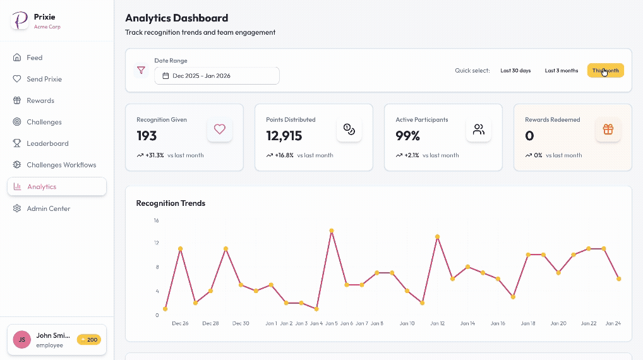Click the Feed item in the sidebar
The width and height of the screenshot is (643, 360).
(x=34, y=57)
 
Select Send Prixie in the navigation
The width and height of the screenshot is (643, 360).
(x=44, y=79)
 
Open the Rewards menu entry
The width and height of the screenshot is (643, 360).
(x=40, y=100)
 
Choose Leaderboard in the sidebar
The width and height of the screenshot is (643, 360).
(x=47, y=143)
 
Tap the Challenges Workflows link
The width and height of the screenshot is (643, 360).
(x=61, y=165)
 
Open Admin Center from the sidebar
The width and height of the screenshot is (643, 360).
(x=48, y=208)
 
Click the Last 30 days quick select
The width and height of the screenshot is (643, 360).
(x=515, y=71)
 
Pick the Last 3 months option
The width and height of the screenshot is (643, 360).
(x=561, y=71)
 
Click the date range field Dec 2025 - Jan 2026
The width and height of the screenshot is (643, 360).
(x=217, y=76)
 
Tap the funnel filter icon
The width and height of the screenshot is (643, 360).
(x=141, y=71)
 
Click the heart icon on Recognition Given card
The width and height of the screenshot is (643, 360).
(x=220, y=129)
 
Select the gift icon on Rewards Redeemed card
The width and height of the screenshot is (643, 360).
(x=608, y=129)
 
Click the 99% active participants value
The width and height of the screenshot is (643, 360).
(x=407, y=136)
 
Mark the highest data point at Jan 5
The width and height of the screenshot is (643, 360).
(x=331, y=231)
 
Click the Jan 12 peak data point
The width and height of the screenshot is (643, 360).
(x=437, y=237)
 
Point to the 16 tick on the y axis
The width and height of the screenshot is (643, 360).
(x=156, y=220)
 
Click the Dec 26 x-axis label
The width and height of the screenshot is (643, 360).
(x=180, y=323)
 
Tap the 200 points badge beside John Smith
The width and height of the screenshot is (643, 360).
(x=88, y=340)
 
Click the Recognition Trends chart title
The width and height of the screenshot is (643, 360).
(x=171, y=203)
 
